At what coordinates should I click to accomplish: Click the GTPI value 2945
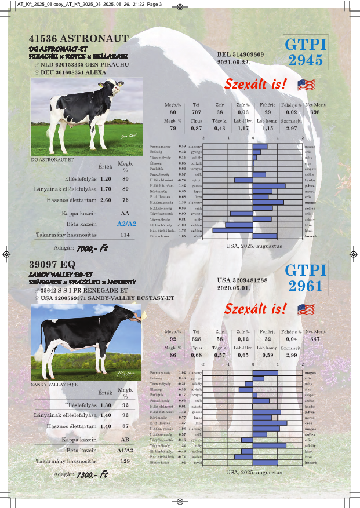306,61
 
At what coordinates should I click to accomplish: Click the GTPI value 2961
306,286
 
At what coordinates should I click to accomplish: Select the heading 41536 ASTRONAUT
78,38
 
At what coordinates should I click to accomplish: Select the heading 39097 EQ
52,265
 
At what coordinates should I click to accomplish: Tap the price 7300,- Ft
92,474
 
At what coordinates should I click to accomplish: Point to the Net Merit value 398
315,112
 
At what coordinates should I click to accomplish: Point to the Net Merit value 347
315,338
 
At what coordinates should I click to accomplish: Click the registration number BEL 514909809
241,53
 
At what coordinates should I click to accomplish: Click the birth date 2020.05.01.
234,287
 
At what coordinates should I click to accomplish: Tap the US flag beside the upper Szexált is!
306,85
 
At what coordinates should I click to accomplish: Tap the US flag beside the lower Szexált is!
306,309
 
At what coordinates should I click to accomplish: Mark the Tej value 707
196,112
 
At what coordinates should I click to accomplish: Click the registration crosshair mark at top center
180,8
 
